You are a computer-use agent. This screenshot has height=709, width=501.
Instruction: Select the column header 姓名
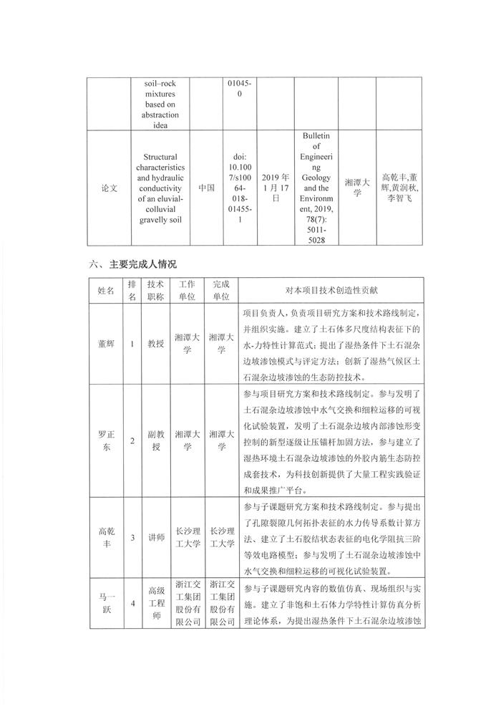pos(105,290)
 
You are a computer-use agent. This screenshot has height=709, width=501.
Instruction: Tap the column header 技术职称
pos(155,290)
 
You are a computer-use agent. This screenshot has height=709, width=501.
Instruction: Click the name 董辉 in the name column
pos(105,344)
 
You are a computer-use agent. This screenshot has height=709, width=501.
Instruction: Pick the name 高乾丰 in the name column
pos(105,536)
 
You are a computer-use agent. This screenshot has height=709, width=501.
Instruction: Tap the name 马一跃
pos(105,603)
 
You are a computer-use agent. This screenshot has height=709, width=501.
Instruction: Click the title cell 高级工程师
pos(155,603)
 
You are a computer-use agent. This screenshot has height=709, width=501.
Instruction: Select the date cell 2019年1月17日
pos(276,188)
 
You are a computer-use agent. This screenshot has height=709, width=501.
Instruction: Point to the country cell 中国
pos(207,188)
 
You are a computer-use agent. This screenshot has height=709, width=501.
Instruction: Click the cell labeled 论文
pos(105,188)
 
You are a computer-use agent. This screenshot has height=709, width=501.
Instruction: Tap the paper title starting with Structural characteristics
pos(165,188)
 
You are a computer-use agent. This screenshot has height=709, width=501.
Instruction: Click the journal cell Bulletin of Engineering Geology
pos(313,188)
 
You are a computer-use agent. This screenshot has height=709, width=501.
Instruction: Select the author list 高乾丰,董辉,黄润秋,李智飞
pos(402,188)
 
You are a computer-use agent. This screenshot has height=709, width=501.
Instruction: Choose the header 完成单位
pos(221,290)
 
